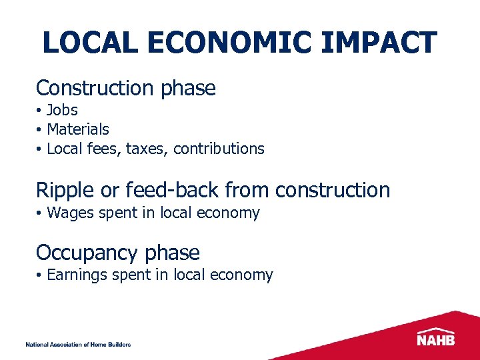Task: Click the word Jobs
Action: (62, 110)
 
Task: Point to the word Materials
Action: (78, 129)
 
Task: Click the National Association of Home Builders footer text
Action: (78, 345)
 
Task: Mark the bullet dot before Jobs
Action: (40, 111)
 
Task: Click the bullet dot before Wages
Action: (40, 214)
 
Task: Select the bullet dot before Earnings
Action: (40, 275)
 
